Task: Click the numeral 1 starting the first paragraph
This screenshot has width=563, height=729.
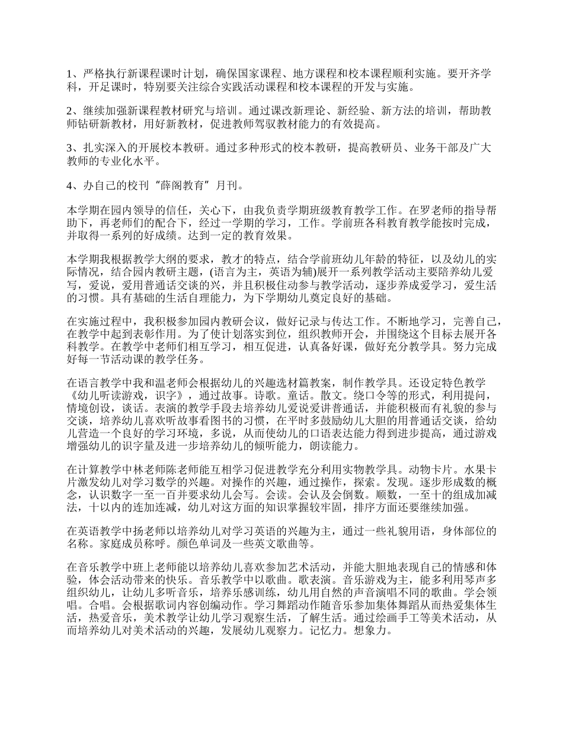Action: tap(70, 74)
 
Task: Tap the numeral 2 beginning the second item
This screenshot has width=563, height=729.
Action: tap(70, 111)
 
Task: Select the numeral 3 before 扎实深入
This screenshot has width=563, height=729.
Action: tap(70, 149)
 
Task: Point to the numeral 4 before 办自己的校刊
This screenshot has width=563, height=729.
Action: tap(70, 186)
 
